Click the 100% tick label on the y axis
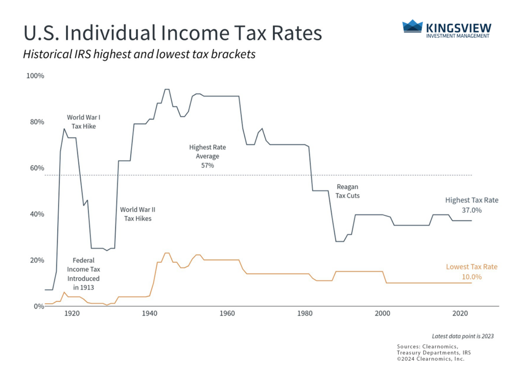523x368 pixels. tap(35, 76)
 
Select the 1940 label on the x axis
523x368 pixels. tap(149, 313)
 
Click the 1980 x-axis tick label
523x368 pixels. tap(304, 313)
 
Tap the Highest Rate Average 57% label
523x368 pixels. tap(207, 156)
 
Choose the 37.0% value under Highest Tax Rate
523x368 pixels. tap(471, 210)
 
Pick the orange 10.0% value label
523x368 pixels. tap(471, 277)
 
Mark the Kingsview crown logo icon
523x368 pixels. tap(412, 26)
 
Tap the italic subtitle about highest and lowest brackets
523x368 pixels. tap(139, 55)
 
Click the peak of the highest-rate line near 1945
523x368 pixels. tap(167, 89)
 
